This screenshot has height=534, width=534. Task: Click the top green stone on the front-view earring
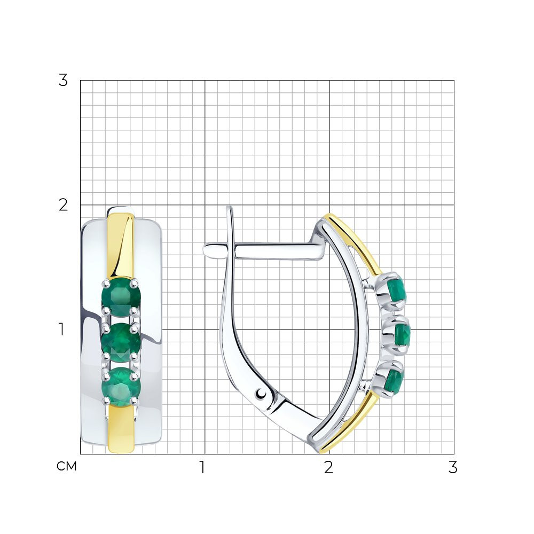coord(121,296)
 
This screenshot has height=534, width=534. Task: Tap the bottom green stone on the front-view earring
coord(121,387)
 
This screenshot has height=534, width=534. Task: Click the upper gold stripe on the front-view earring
coord(121,245)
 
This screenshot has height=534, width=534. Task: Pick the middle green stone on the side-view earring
coord(402,335)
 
